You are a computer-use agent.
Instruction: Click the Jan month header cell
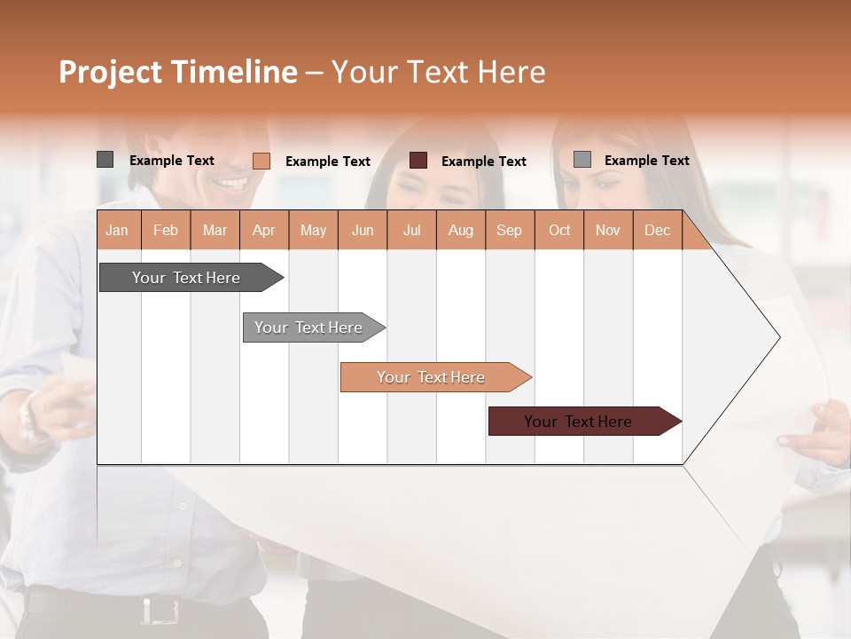[x=118, y=230]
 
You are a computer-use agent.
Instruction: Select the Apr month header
[x=264, y=230]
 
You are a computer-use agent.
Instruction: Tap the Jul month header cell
[x=411, y=230]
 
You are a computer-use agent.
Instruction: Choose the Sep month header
[x=510, y=230]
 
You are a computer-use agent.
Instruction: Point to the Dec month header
[x=657, y=230]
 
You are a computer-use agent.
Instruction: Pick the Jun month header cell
[x=363, y=230]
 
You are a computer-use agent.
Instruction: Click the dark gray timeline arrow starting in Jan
[x=187, y=278]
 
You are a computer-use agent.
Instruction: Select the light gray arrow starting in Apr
[x=309, y=327]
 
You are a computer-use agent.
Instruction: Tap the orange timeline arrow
[x=432, y=377]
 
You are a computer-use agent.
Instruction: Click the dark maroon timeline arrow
[x=580, y=422]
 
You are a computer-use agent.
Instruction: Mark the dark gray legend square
[x=105, y=160]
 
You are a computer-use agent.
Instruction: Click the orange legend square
[x=261, y=161]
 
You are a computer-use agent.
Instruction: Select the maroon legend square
[x=418, y=161]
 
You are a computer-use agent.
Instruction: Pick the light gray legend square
[x=582, y=160]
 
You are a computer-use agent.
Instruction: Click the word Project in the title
[x=111, y=73]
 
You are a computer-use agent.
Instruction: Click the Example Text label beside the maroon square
[x=483, y=162]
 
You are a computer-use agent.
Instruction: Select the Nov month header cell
[x=608, y=230]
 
